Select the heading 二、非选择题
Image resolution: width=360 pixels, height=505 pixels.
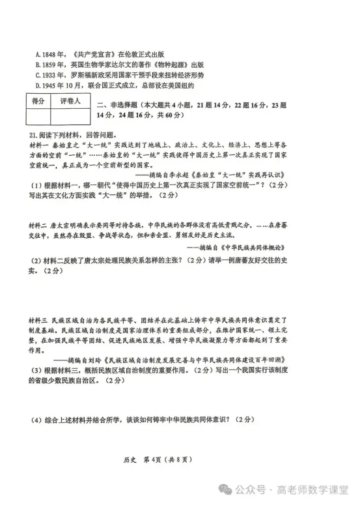(x=119, y=104)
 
